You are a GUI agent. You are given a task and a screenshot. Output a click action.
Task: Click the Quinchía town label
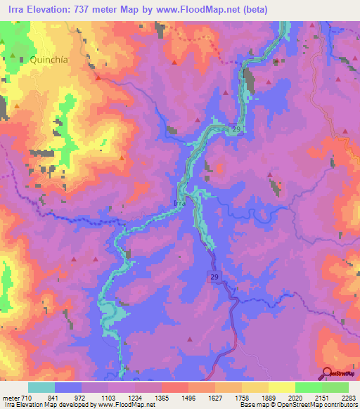(49, 60)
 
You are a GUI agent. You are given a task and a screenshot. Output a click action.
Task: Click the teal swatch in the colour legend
(41, 387)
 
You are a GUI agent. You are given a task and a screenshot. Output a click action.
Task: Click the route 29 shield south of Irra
(214, 278)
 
